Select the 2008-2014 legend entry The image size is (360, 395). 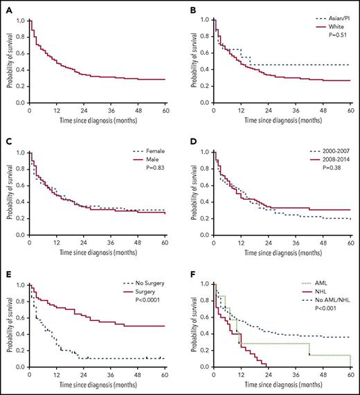331,161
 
